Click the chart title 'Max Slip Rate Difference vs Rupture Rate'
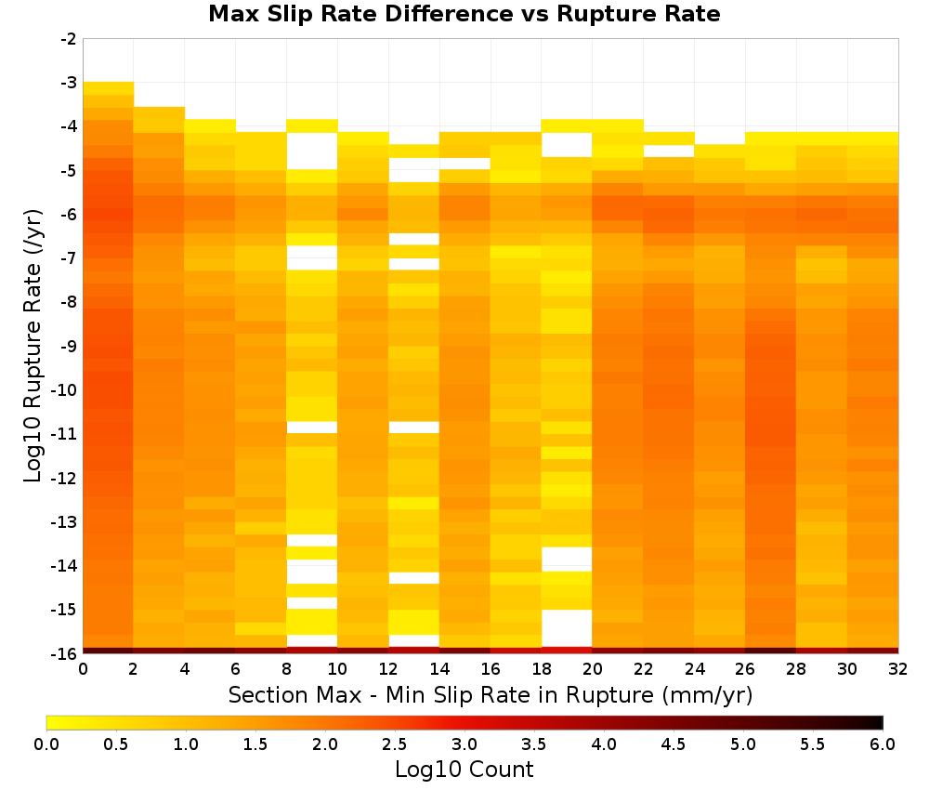[x=464, y=14]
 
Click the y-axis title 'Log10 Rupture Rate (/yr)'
[x=33, y=346]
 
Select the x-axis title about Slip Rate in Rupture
[x=491, y=695]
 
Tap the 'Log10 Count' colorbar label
[x=464, y=770]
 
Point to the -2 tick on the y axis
[x=69, y=39]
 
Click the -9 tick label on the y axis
[x=69, y=346]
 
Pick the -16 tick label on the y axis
[x=65, y=653]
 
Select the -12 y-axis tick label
[x=65, y=478]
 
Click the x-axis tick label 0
[x=83, y=669]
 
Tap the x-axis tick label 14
[x=439, y=669]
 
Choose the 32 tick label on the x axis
[x=898, y=669]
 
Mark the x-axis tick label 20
[x=593, y=669]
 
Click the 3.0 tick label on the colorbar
[x=464, y=744]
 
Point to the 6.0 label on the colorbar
[x=883, y=744]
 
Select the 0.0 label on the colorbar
[x=46, y=744]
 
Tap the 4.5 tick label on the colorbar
[x=673, y=744]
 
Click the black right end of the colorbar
[x=879, y=722]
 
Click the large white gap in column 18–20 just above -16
[x=567, y=628]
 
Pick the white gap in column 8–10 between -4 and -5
[x=312, y=151]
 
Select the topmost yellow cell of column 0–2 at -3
[x=109, y=88]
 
